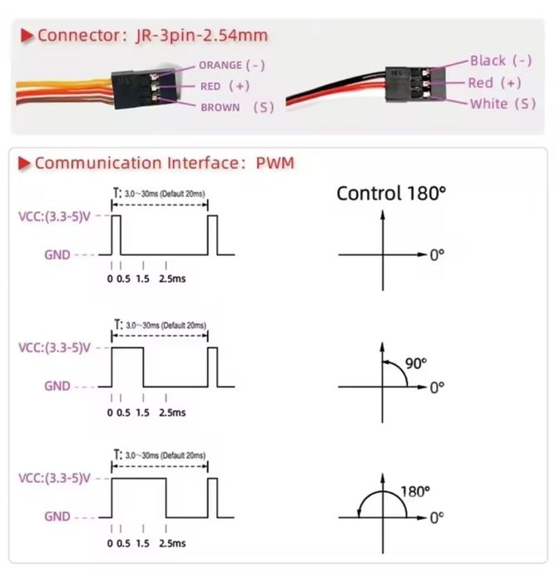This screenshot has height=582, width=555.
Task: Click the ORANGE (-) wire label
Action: (232, 66)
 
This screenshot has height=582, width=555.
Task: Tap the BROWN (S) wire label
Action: (237, 107)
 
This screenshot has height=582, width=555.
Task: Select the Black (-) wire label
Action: (501, 61)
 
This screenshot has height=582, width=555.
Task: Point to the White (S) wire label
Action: (503, 104)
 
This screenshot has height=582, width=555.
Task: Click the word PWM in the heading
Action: (275, 163)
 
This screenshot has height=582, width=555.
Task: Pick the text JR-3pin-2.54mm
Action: (201, 36)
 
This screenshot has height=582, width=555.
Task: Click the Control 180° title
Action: (391, 193)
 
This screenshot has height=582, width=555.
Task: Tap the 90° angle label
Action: (416, 363)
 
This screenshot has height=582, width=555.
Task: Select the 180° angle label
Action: (415, 492)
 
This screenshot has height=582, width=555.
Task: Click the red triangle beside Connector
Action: (27, 36)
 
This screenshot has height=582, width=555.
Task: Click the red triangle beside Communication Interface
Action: (24, 163)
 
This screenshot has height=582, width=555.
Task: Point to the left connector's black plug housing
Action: (145, 88)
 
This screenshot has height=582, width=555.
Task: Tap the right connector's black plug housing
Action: (413, 84)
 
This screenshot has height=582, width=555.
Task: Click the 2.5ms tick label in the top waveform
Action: (172, 279)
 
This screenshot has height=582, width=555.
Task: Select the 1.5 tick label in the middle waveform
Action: (142, 412)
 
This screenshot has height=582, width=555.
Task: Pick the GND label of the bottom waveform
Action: (57, 516)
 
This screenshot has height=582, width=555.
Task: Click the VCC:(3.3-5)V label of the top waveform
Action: (54, 216)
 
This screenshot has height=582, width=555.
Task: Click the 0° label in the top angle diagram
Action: (437, 255)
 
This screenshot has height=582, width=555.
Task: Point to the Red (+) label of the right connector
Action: (494, 83)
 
